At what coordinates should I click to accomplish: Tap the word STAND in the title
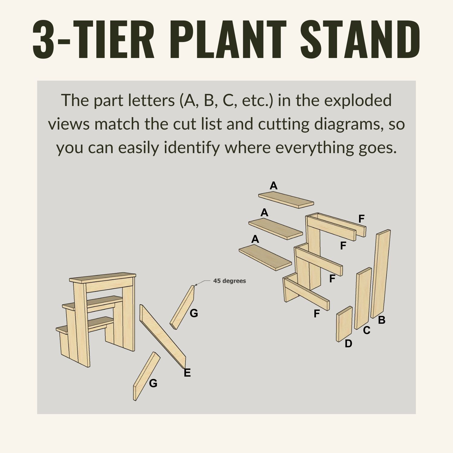360,39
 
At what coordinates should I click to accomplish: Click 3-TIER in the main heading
93,39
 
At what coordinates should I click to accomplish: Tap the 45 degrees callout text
230,281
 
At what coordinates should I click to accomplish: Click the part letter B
382,320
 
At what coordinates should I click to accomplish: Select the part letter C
367,331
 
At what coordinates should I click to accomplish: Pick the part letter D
349,344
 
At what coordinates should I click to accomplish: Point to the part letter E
187,373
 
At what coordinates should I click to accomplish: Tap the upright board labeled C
363,298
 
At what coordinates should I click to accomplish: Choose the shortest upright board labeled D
344,324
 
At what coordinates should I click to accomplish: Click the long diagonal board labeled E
163,337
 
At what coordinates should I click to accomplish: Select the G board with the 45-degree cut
182,307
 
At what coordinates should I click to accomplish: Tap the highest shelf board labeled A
286,200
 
